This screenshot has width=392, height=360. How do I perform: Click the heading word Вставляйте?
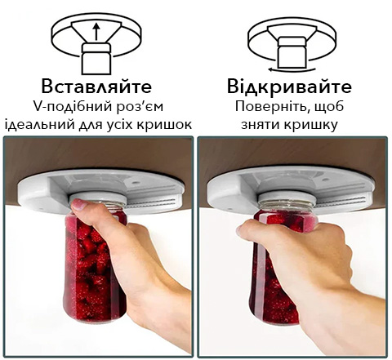96,86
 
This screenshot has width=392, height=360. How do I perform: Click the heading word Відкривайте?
289,86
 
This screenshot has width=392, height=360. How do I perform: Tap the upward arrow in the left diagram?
96,32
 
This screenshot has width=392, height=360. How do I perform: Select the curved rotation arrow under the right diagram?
292,69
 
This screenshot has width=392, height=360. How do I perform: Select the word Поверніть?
274,107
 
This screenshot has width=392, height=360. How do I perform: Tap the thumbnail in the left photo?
78,204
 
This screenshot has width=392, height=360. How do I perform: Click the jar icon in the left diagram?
96,58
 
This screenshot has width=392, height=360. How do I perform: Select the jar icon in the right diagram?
292,53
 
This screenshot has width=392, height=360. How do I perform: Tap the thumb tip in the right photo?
241,230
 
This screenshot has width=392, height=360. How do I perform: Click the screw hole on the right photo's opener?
324,180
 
